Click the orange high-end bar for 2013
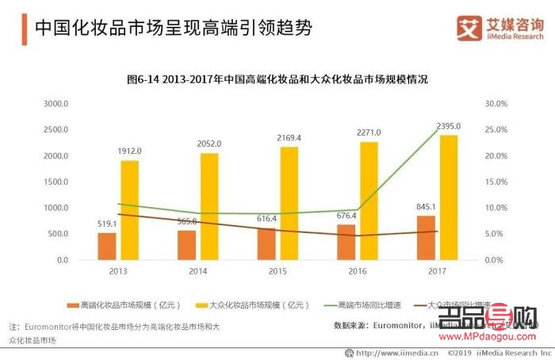click(107, 246)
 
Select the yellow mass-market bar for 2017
click(448, 197)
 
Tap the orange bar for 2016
click(346, 242)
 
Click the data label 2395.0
click(448, 127)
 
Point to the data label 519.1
click(107, 224)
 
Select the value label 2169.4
click(289, 138)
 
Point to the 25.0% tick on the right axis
click(496, 130)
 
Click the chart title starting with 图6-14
click(277, 79)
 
